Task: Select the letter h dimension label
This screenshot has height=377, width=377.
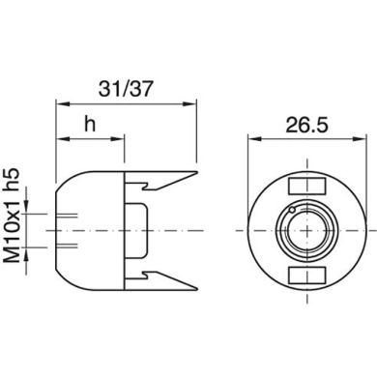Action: (x=90, y=124)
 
